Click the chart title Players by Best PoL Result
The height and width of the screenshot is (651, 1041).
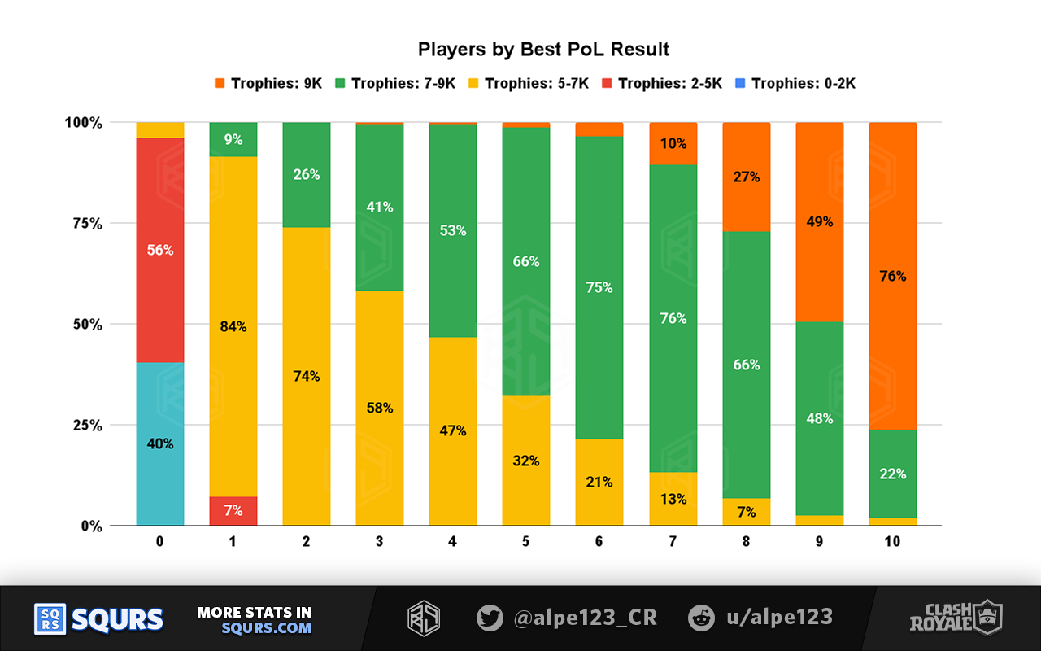(x=543, y=50)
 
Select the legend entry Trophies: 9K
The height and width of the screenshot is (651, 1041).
(x=268, y=83)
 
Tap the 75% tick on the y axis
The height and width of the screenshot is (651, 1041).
(x=84, y=224)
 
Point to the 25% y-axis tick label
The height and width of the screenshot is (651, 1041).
(x=84, y=426)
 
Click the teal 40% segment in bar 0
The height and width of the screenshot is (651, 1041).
(x=160, y=443)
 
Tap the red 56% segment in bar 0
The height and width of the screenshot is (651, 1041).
(x=160, y=250)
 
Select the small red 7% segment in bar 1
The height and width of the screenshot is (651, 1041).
(x=233, y=511)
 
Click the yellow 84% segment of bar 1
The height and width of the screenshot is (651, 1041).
(x=233, y=326)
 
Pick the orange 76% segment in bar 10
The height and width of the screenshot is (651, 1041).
(x=892, y=276)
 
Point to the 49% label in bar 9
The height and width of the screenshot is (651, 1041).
(x=819, y=221)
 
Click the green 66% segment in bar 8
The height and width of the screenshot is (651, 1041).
(x=746, y=365)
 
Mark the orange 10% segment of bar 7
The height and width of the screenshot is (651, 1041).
(x=673, y=143)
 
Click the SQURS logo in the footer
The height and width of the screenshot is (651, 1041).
(x=98, y=619)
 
